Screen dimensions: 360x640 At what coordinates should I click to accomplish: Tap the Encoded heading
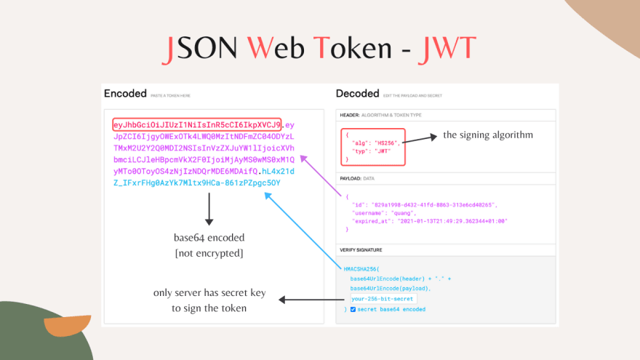(125, 94)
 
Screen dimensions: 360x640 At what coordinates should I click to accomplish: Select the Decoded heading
(357, 94)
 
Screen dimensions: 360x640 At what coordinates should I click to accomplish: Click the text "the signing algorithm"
(488, 135)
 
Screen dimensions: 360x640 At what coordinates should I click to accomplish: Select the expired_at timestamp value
(452, 220)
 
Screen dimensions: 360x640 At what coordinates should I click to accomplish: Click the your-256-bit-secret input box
(382, 299)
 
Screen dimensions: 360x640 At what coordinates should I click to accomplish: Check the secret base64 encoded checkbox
(353, 309)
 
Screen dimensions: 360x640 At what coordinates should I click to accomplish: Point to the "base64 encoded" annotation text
(209, 237)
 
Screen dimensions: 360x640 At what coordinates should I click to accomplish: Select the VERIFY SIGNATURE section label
(365, 249)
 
